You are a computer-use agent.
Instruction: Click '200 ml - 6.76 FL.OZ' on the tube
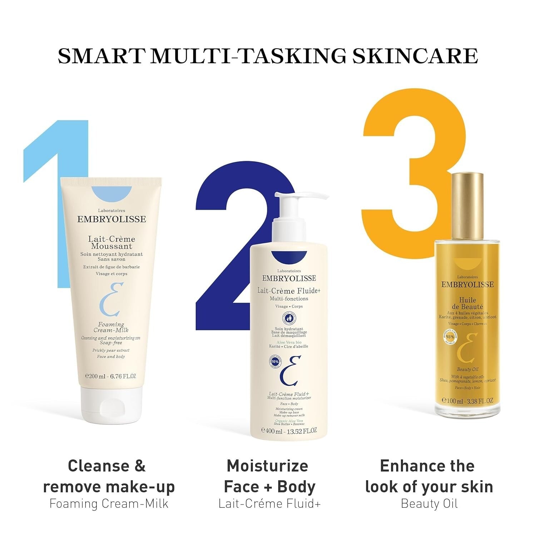pyautogui.click(x=111, y=376)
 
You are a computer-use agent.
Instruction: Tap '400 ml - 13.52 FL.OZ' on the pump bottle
pyautogui.click(x=289, y=431)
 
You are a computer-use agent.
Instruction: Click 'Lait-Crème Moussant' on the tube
pyautogui.click(x=111, y=242)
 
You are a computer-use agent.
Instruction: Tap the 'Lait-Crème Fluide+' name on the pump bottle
pyautogui.click(x=289, y=291)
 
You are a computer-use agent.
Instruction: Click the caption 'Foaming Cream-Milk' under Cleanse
pyautogui.click(x=109, y=503)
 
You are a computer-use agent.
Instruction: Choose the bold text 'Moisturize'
pyautogui.click(x=267, y=466)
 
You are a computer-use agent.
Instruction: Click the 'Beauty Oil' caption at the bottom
pyautogui.click(x=429, y=503)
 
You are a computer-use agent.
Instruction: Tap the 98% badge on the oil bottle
pyautogui.click(x=450, y=337)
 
